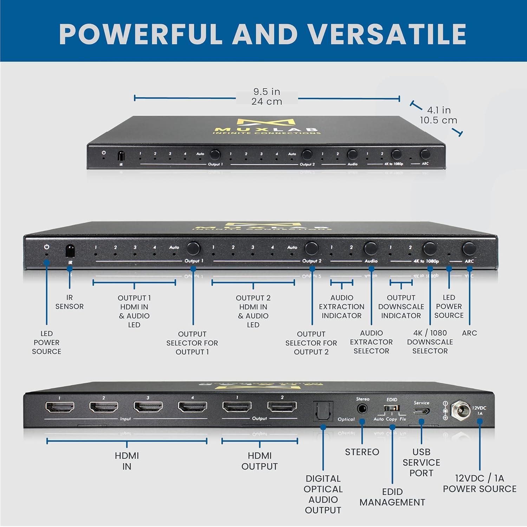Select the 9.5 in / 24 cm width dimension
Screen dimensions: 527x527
(x=267, y=97)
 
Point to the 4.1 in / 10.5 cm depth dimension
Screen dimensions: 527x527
(x=438, y=115)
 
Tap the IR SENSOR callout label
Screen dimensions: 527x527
(x=70, y=302)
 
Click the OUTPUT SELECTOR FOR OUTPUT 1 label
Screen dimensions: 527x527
(x=192, y=343)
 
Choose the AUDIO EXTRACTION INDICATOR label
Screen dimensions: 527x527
(x=341, y=307)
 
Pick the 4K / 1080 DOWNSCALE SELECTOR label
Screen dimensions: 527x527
(x=430, y=342)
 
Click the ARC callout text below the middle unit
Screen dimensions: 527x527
(x=469, y=333)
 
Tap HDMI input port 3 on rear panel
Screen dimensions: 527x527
(x=148, y=407)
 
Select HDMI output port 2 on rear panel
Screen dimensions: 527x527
(x=282, y=406)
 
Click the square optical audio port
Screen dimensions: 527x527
(x=323, y=411)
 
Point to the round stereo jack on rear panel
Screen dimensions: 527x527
(x=362, y=409)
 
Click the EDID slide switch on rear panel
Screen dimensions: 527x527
(x=391, y=408)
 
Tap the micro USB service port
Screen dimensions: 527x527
(x=421, y=411)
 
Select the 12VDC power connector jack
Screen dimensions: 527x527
(x=461, y=410)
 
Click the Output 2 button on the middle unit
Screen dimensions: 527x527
(x=311, y=248)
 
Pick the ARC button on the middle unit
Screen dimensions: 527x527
(x=469, y=249)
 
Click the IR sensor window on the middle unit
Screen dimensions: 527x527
(x=70, y=250)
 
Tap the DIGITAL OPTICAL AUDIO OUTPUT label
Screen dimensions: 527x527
(x=323, y=494)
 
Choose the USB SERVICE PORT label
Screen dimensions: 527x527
(x=421, y=462)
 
